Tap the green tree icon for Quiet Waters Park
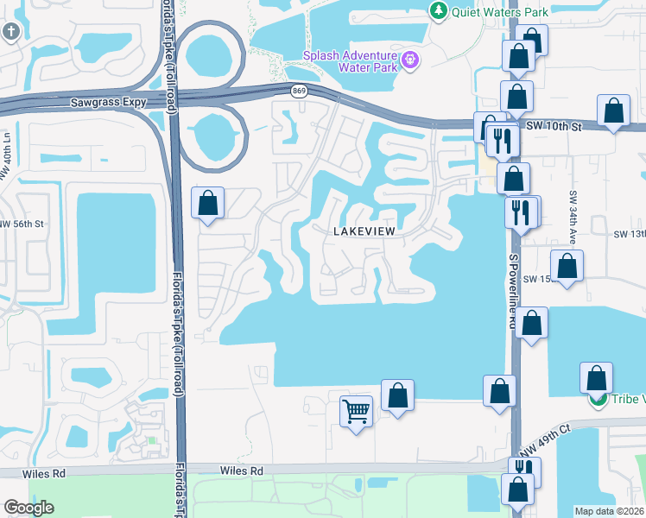[x=439, y=11]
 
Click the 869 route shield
[x=299, y=91]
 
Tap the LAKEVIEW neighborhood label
[x=368, y=231]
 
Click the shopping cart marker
[x=356, y=411]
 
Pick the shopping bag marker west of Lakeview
[x=208, y=204]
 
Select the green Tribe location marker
[x=596, y=400]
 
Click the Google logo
[x=28, y=508]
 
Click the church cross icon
[x=10, y=33]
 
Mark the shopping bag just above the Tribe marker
[x=597, y=378]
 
